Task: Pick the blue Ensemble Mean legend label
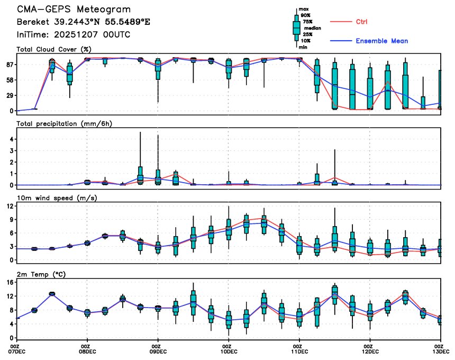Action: pos(381,41)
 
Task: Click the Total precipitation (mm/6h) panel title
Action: pos(65,123)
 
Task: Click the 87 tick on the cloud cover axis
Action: pos(9,65)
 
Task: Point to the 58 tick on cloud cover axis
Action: pos(9,80)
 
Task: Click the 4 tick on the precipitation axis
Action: pos(11,139)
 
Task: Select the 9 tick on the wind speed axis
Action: pos(11,219)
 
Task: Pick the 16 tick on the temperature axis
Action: pos(9,283)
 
